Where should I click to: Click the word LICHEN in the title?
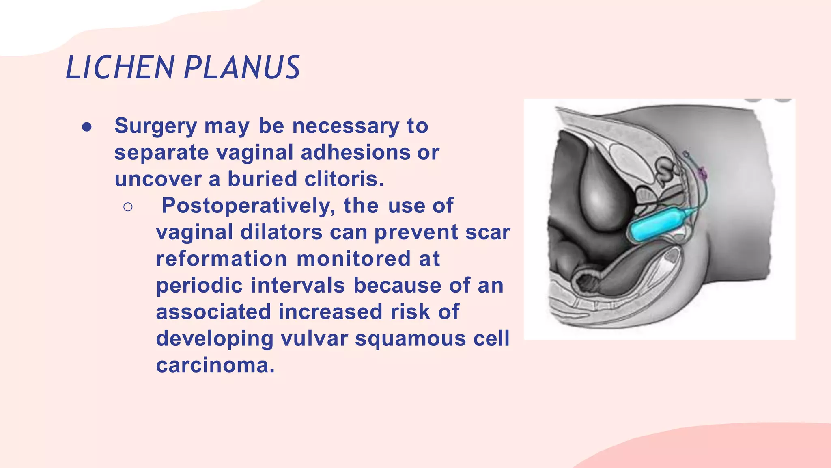120,67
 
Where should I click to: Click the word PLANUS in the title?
242,67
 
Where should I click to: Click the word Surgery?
155,126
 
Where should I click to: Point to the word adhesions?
355,153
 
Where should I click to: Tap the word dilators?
282,232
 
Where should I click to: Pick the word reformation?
222,259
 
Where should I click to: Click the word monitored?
353,259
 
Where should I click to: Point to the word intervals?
298,285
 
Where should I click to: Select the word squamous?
410,338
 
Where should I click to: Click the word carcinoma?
215,365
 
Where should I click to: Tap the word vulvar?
314,338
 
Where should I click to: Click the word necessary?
346,126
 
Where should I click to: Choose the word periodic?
199,285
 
